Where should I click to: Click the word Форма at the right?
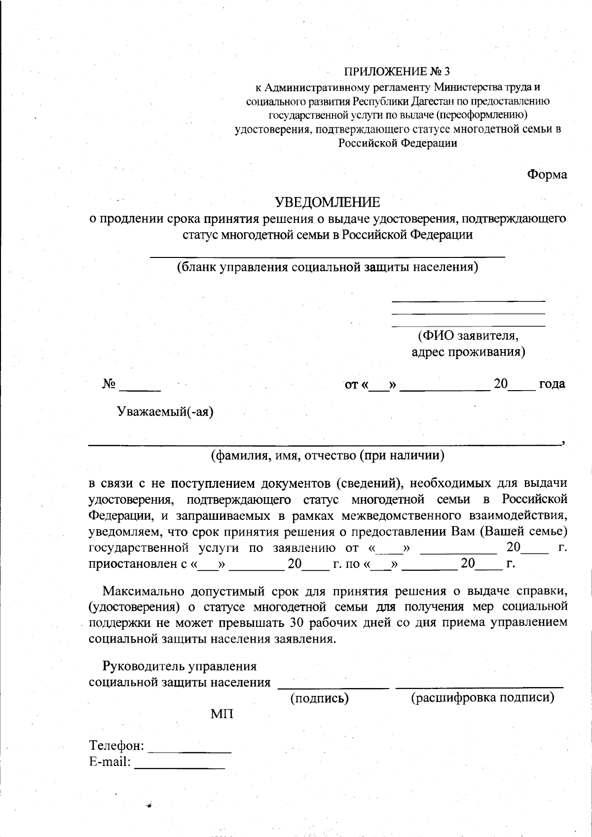tap(547, 175)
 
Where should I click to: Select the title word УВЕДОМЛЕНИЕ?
tap(328, 202)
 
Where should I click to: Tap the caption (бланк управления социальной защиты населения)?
tap(328, 267)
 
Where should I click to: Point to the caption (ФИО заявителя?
tap(468, 336)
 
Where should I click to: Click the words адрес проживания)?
tap(468, 352)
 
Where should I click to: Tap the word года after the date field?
tap(552, 384)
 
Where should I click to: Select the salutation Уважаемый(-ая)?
tap(165, 411)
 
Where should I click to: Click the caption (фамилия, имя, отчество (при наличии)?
tap(328, 455)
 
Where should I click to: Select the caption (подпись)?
tap(319, 698)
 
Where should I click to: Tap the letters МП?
tap(222, 714)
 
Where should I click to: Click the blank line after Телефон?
tap(190, 750)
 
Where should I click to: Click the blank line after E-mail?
tap(180, 766)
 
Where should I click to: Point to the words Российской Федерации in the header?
tap(397, 144)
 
